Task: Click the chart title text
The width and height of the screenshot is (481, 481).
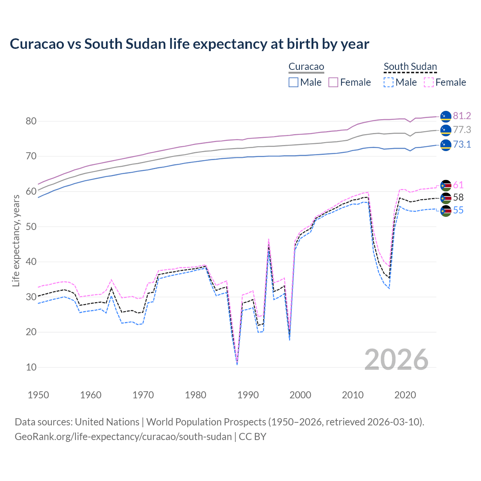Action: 189,44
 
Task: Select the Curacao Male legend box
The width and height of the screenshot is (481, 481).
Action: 293,82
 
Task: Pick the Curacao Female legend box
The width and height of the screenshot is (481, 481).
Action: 333,82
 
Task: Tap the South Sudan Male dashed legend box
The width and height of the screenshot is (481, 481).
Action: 389,82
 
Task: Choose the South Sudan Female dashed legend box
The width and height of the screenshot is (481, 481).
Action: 429,82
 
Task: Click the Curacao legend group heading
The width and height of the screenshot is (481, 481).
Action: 306,67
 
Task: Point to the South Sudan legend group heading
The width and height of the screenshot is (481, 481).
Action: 410,67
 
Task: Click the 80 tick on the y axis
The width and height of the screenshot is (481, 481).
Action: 31,121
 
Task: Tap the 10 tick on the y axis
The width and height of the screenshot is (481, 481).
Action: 31,367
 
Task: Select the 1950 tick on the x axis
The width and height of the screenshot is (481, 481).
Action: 38,395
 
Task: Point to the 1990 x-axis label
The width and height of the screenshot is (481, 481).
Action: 248,395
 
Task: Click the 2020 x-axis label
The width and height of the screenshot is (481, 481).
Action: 405,395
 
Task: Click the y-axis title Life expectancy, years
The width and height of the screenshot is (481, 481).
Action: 16,240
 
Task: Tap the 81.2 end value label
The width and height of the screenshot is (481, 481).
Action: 462,116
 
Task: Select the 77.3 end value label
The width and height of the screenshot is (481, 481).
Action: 462,130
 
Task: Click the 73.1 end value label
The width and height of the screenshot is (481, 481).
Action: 462,145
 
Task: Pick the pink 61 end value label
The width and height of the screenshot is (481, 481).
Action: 458,185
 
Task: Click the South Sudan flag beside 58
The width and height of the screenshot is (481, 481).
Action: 446,198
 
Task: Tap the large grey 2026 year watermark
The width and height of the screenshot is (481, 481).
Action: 396,360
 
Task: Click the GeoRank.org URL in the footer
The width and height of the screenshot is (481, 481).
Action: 123,437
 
